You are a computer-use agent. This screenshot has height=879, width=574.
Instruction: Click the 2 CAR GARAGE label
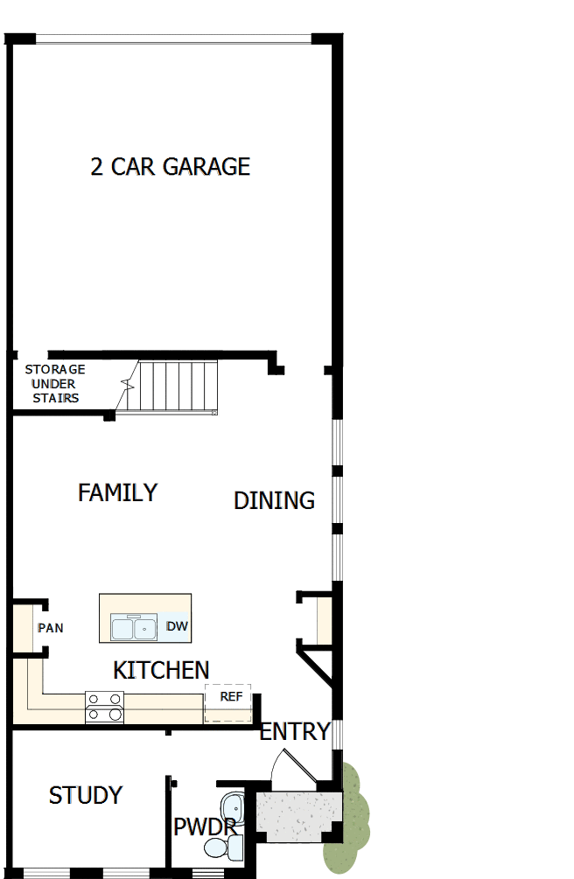point(171,166)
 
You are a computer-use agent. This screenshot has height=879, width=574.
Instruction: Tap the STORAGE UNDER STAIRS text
point(55,384)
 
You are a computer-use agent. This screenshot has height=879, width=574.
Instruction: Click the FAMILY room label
point(117,493)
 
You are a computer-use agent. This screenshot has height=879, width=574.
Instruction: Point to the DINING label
point(274,500)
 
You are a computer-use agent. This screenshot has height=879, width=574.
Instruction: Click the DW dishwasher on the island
point(176,627)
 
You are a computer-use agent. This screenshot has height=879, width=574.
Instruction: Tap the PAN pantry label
point(50,628)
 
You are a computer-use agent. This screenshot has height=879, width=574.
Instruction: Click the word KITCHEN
point(161,671)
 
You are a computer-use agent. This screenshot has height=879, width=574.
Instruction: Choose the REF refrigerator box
point(228,701)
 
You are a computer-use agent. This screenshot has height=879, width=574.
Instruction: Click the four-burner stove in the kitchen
point(104,707)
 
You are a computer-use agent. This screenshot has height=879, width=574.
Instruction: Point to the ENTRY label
point(295,731)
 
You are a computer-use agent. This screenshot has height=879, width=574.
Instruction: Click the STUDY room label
point(86,796)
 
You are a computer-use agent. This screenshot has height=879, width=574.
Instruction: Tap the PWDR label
point(203,827)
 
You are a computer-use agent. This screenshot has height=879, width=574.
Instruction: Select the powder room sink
point(233,806)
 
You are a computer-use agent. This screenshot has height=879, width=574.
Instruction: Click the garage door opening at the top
point(173,38)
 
